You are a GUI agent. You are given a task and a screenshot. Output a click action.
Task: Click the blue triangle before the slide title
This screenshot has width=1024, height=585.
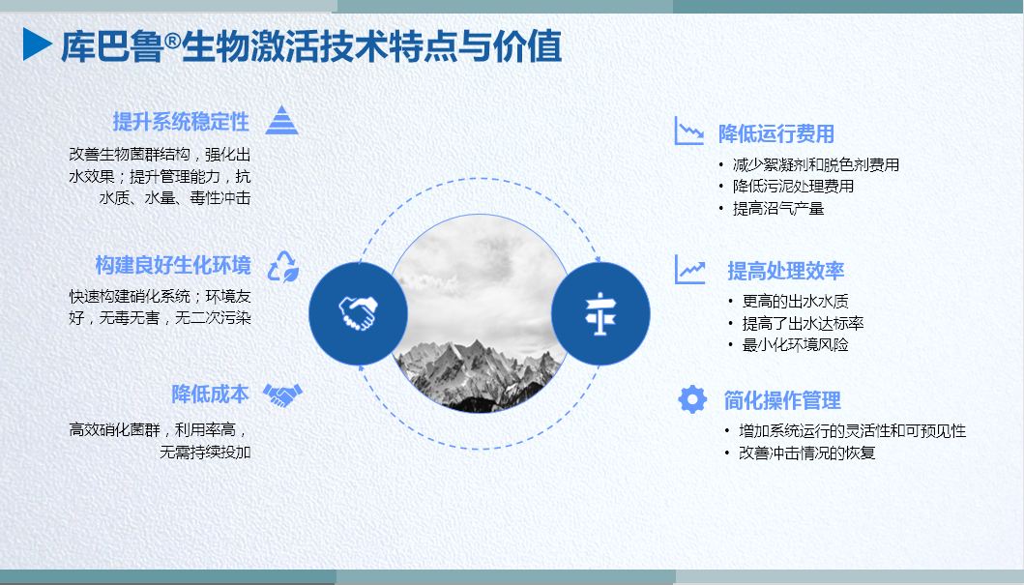[37, 44]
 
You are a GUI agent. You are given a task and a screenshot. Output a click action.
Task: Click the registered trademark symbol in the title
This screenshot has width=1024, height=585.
[172, 42]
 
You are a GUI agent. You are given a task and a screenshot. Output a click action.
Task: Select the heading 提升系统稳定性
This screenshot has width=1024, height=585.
[181, 122]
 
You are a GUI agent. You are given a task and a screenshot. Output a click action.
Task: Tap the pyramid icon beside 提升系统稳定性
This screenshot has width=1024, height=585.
[282, 120]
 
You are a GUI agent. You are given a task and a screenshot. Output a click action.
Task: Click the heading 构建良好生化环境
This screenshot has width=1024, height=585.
[173, 265]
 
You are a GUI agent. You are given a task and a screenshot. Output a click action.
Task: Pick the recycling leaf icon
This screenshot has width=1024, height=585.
[284, 266]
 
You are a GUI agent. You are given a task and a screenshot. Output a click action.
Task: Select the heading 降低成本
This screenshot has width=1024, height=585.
[210, 394]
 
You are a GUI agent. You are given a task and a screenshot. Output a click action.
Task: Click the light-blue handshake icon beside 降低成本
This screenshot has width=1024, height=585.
[282, 395]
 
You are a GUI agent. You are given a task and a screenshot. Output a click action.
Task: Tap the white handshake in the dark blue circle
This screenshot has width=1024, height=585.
[358, 312]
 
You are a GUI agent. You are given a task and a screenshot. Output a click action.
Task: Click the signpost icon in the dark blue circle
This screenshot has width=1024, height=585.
[600, 314]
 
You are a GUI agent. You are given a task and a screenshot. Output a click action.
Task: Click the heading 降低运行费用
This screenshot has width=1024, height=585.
[776, 133]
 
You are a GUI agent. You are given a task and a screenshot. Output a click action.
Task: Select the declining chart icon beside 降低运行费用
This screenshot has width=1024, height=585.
[689, 131]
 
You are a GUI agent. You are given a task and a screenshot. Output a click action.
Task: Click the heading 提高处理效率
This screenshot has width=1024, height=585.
[785, 271]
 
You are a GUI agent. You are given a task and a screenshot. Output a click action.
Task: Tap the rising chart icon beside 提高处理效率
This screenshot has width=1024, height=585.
[689, 269]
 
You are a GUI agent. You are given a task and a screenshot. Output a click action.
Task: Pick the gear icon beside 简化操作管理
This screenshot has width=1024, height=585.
[692, 399]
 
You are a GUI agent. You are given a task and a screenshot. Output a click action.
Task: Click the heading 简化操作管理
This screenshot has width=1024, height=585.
[782, 400]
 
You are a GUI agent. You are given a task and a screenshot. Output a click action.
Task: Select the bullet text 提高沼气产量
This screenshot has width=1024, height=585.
[778, 208]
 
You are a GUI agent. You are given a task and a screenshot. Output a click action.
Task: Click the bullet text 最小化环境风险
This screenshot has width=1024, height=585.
[796, 345]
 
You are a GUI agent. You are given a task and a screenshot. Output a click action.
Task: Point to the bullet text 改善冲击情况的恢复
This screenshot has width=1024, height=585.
[807, 453]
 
